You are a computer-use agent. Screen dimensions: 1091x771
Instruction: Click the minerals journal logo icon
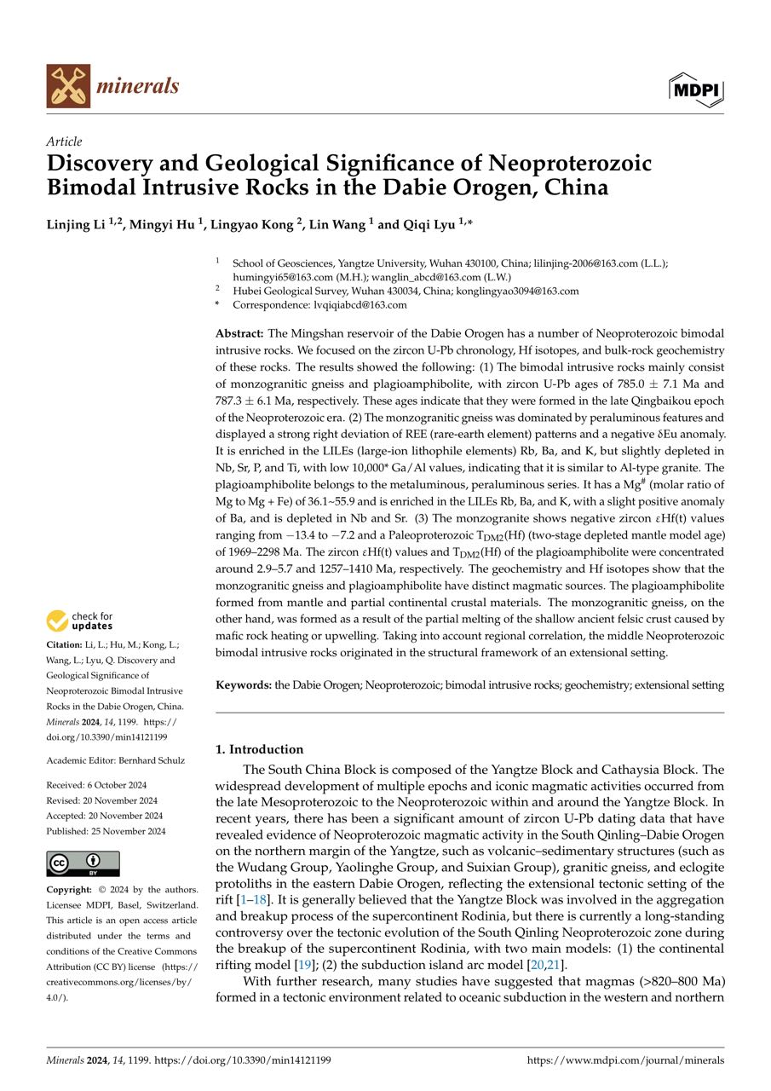click(x=68, y=86)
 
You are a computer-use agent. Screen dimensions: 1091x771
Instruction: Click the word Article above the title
click(x=65, y=142)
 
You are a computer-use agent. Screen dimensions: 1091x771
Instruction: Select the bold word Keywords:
click(x=244, y=684)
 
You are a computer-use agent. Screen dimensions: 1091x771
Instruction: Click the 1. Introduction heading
click(x=260, y=749)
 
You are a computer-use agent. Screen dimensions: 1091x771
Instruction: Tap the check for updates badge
click(x=81, y=621)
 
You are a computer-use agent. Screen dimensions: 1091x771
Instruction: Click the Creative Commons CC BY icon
click(x=83, y=863)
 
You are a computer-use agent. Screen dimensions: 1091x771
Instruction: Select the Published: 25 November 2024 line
click(x=106, y=831)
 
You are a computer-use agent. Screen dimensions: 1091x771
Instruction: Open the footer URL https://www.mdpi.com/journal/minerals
click(x=625, y=1060)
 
